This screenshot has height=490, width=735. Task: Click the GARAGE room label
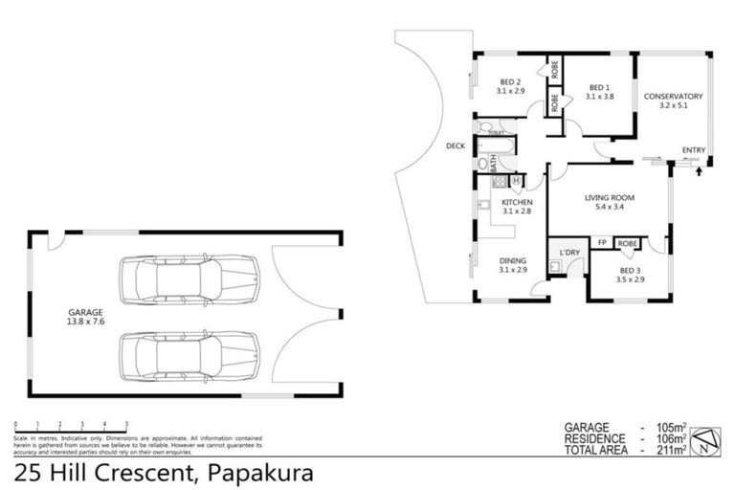[85, 312]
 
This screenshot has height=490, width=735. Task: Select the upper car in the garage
[188, 279]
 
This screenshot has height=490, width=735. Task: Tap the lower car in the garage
[188, 355]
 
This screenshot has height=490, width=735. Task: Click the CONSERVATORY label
[673, 97]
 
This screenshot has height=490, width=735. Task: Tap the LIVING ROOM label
[610, 198]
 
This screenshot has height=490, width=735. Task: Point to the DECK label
[455, 146]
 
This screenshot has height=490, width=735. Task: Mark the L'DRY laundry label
[569, 253]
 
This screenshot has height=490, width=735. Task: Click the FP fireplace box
[602, 243]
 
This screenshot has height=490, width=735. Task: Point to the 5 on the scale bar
[126, 422]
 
